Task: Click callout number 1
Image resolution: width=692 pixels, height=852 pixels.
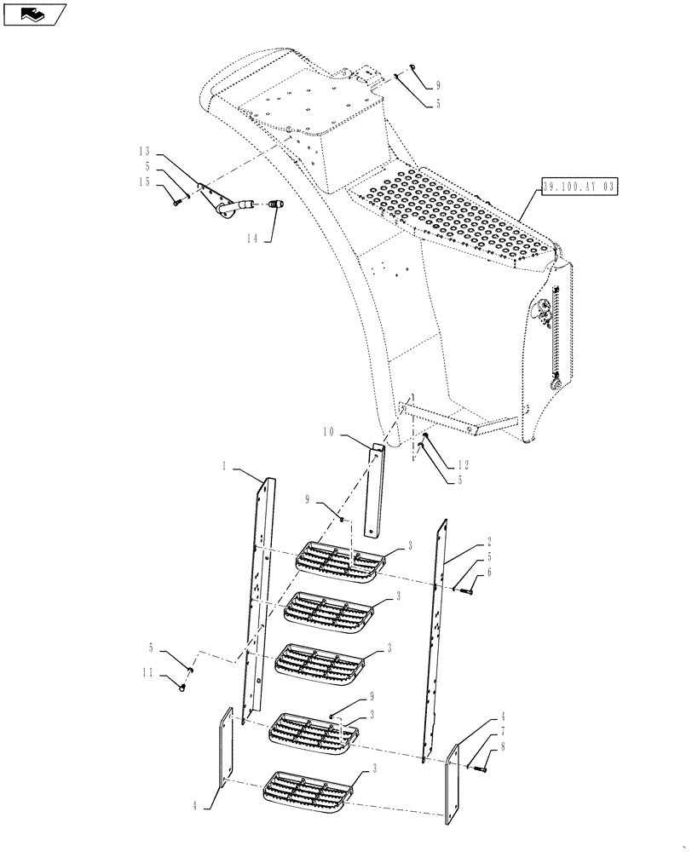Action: click(224, 466)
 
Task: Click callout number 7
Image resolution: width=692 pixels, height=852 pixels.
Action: click(503, 730)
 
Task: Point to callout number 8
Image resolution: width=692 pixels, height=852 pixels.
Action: click(503, 747)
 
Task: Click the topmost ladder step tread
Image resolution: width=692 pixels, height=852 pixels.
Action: click(336, 558)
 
